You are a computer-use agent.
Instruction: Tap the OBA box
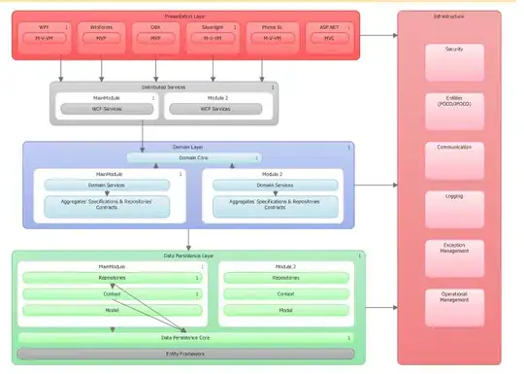coord(155,33)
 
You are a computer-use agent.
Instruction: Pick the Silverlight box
coord(213,33)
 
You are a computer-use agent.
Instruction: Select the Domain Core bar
coord(193,156)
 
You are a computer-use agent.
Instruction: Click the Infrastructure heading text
coord(449,17)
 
